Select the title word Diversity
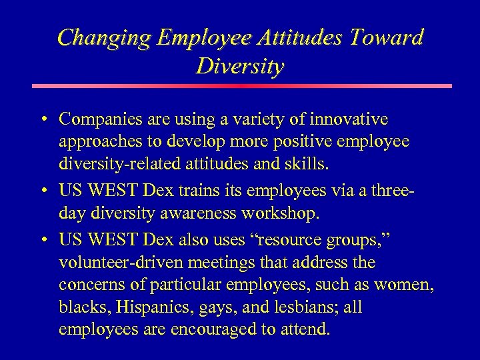(240, 66)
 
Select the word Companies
(101, 119)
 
